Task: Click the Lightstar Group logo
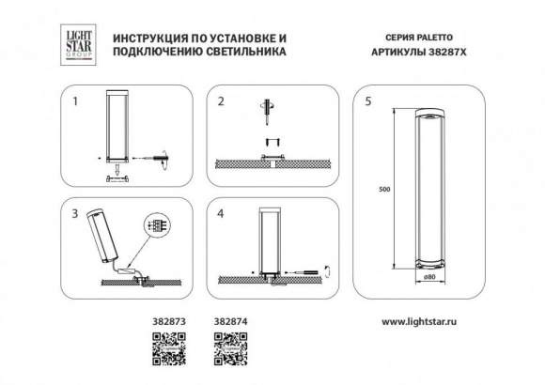point(76,44)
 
